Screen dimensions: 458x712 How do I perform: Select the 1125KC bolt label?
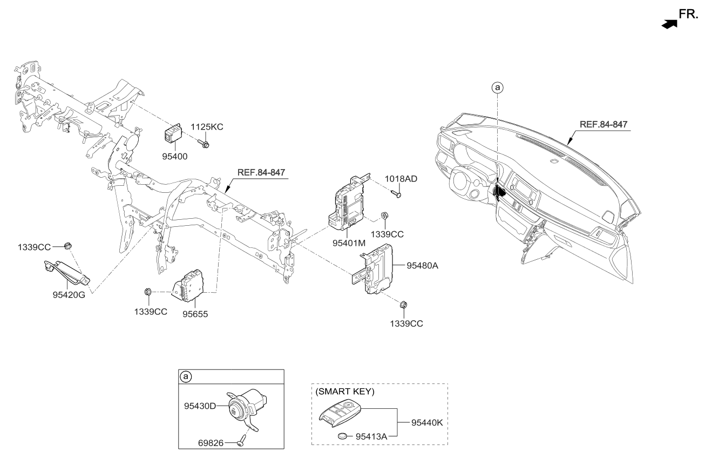206,127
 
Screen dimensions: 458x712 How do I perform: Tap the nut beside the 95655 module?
148,292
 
